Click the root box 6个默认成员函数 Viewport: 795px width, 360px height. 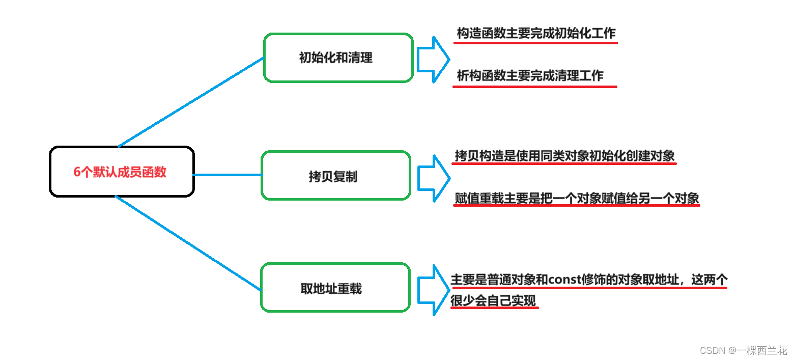tap(122, 172)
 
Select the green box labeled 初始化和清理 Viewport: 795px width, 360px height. tap(338, 58)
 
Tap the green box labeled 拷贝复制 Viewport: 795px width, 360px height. tap(335, 176)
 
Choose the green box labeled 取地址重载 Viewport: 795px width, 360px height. tap(335, 288)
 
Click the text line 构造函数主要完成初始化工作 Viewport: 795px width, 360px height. tap(536, 34)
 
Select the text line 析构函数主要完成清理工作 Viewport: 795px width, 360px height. tap(530, 76)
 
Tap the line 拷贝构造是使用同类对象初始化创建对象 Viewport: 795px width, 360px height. tap(564, 155)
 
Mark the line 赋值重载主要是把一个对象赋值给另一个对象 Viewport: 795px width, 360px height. tap(577, 198)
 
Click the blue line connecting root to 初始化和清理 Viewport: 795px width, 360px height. tap(191, 102)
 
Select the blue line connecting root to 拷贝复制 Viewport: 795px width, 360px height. tap(228, 175)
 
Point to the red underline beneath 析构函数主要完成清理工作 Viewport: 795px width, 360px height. tap(534, 87)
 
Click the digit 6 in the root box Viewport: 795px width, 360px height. tap(77, 172)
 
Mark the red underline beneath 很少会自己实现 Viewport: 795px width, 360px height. tap(494, 309)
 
